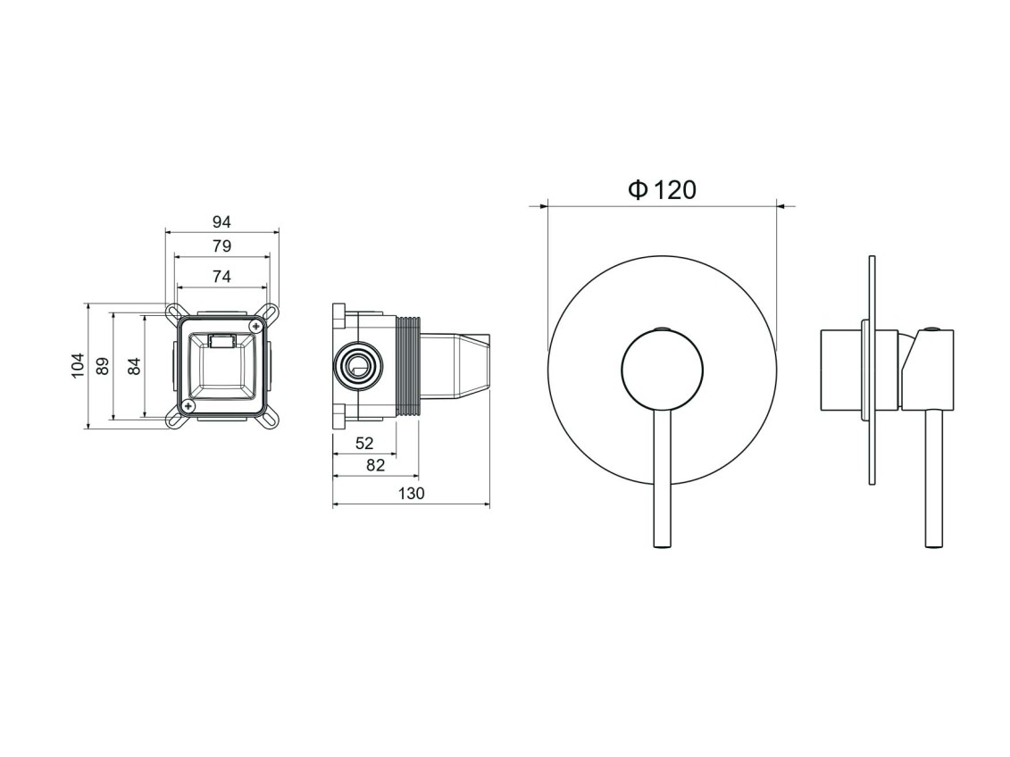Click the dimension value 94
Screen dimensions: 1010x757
pos(221,222)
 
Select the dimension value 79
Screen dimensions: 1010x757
pos(221,245)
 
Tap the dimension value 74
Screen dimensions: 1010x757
pos(221,276)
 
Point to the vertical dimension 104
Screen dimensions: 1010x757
pos(78,366)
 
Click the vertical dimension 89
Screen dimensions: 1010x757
pos(103,366)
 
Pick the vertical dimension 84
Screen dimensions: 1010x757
pos(134,366)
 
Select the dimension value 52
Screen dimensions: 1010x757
pos(364,443)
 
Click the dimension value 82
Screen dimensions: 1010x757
pos(376,465)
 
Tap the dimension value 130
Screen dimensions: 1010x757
pos(412,493)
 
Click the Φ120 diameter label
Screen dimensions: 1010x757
pos(662,190)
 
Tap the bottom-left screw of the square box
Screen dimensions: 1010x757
pos(188,405)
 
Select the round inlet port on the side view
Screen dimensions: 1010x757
pos(357,367)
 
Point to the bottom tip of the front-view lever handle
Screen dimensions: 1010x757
pos(662,547)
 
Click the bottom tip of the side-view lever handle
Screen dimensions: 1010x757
pos(934,547)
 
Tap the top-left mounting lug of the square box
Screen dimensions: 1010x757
pos(174,311)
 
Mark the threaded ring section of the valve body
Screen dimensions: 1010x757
pos(408,365)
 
